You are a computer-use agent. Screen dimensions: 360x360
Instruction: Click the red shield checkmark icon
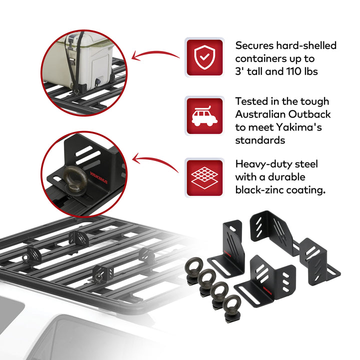pos(204,57)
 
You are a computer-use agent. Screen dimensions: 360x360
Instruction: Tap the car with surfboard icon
pos(204,116)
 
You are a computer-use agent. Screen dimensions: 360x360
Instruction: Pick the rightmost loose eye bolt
pos(232,305)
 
